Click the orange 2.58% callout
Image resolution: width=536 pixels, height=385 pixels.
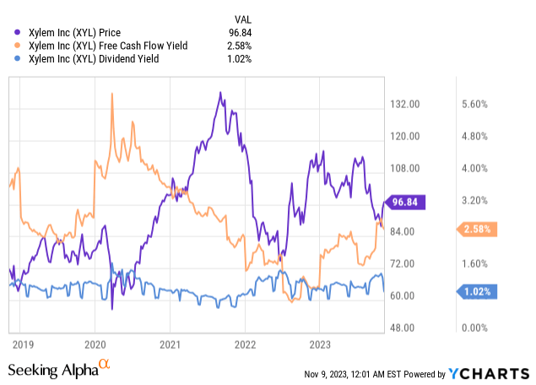479,229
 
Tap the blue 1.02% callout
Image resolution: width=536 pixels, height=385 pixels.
479,292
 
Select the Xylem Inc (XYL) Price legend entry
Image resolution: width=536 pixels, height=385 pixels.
73,32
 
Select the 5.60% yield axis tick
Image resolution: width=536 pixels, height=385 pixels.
476,104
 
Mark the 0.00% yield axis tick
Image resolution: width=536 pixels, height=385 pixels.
476,328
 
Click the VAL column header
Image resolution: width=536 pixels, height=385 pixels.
241,19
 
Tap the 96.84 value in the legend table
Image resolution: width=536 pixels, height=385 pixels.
239,32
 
